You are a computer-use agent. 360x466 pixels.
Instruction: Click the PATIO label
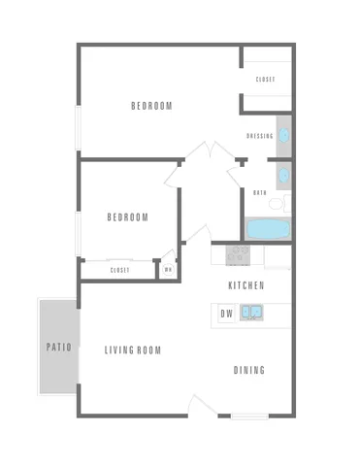click(54, 347)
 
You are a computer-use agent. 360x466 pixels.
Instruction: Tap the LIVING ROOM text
click(133, 350)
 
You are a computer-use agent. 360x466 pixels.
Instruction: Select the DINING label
click(249, 370)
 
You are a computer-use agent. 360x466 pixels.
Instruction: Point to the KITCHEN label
click(245, 285)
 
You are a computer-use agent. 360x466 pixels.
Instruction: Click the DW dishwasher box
click(225, 313)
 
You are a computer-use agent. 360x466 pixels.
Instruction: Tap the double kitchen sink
click(250, 313)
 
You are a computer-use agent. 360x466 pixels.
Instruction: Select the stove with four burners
click(238, 255)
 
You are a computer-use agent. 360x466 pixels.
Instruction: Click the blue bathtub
click(267, 229)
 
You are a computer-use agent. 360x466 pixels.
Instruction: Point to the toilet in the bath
click(278, 203)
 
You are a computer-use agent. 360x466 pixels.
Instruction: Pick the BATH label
click(259, 192)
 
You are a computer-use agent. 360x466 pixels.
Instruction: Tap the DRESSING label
click(259, 136)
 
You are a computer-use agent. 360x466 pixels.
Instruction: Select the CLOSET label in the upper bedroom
click(265, 79)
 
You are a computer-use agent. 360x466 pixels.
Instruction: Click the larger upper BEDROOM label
click(151, 106)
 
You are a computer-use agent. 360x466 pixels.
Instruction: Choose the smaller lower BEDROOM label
click(127, 217)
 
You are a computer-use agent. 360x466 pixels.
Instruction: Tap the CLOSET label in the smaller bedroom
click(119, 270)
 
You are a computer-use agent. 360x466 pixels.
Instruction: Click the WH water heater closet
click(168, 270)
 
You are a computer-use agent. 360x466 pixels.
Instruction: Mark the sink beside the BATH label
click(283, 176)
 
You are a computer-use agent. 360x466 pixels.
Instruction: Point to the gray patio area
click(55, 369)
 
